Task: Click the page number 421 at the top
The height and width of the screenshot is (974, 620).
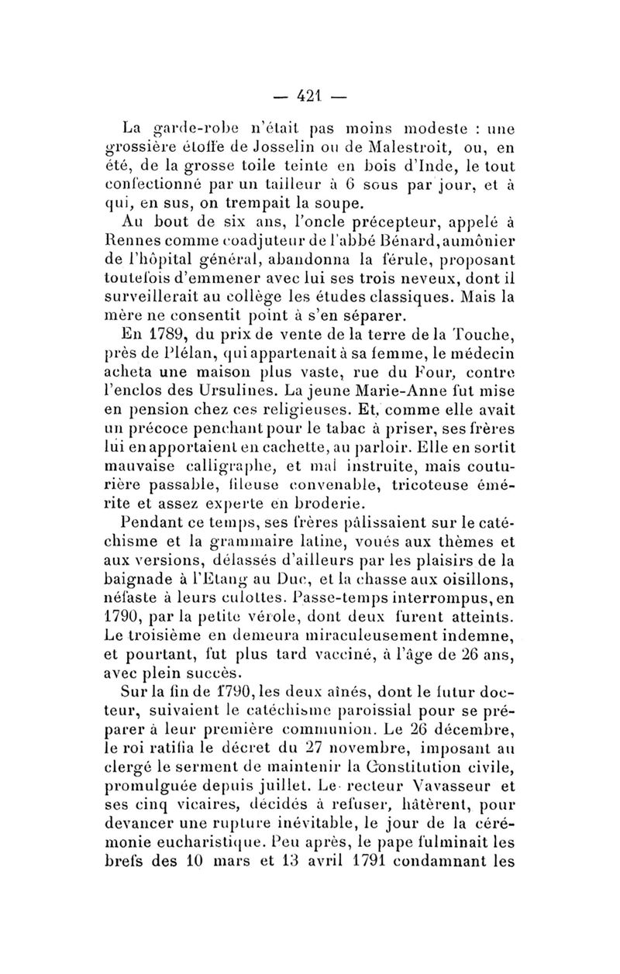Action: (310, 98)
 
